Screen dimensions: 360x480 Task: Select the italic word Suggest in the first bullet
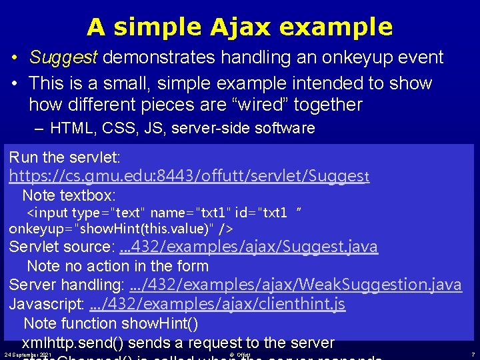(x=63, y=57)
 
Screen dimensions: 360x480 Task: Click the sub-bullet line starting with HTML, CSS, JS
(x=182, y=128)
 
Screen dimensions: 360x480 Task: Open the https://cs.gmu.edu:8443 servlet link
(x=189, y=177)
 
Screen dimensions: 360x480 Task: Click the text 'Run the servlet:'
(x=65, y=158)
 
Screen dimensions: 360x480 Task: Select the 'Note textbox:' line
(x=69, y=196)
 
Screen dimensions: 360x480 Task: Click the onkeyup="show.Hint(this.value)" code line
(x=121, y=228)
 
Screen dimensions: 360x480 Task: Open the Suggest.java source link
(x=248, y=247)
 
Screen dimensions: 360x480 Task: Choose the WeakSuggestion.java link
(x=295, y=285)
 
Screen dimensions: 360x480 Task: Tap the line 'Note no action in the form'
(x=118, y=266)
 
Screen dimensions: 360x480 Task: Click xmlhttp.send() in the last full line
(x=72, y=343)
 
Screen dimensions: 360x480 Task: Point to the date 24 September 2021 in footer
(x=27, y=355)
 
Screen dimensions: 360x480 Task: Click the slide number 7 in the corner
(x=473, y=355)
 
